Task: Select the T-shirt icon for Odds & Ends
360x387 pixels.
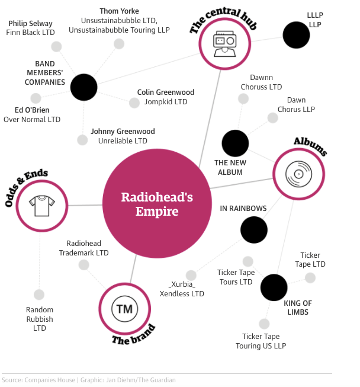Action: tap(43, 205)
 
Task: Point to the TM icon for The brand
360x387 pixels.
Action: tap(124, 308)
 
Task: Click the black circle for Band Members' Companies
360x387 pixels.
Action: tap(83, 88)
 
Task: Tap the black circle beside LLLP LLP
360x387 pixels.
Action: tap(296, 34)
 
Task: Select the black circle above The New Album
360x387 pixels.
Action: tap(235, 143)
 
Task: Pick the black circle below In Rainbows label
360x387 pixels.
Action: tap(254, 230)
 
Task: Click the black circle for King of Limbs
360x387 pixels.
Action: tap(274, 287)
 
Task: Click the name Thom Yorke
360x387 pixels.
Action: tap(119, 11)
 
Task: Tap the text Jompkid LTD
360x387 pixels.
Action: tap(166, 102)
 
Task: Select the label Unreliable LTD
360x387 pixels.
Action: tap(124, 141)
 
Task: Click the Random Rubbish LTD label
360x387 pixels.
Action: tap(40, 319)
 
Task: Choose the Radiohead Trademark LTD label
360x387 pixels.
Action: tap(84, 248)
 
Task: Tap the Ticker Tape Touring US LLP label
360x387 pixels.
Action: tap(261, 341)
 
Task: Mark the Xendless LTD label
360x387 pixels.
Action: tap(182, 293)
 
